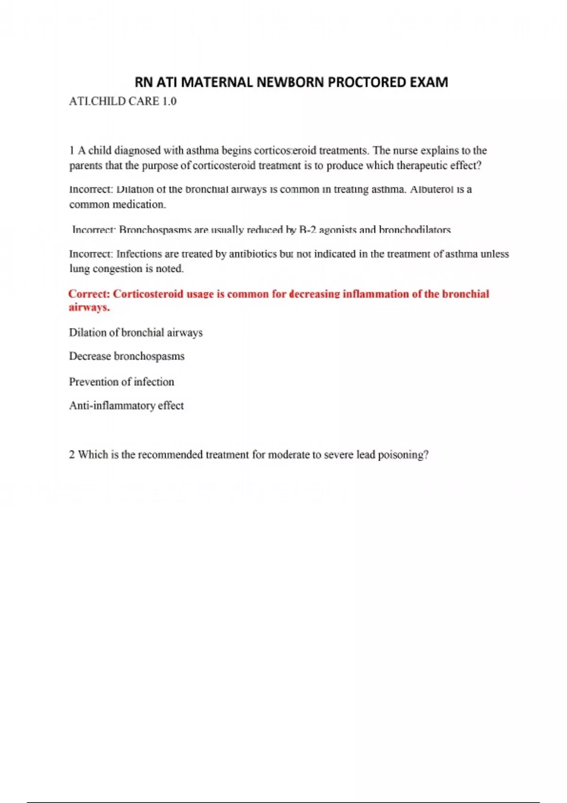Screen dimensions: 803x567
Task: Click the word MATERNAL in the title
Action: coord(217,82)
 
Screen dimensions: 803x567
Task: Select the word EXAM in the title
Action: coord(429,82)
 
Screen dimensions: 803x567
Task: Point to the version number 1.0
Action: coord(169,102)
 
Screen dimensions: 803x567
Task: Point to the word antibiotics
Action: coord(253,254)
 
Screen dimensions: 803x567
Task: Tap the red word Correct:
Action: coord(89,294)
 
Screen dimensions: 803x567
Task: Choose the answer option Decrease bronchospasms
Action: coord(127,356)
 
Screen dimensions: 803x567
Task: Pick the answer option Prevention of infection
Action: coord(121,382)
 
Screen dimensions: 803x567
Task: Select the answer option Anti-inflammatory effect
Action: coord(126,405)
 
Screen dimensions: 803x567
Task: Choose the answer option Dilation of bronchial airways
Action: coord(136,333)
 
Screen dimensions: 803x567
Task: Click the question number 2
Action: coord(72,455)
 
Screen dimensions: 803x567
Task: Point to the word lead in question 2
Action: coord(365,455)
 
